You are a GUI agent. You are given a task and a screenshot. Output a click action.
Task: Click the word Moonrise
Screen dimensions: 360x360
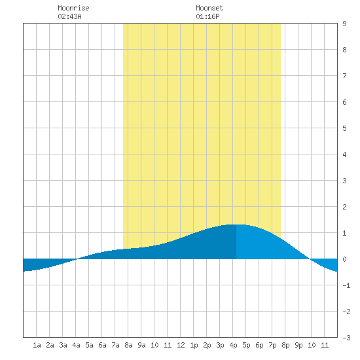73,8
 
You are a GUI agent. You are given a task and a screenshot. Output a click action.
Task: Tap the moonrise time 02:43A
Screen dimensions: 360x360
69,16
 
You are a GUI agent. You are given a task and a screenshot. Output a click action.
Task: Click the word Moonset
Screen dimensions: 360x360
209,8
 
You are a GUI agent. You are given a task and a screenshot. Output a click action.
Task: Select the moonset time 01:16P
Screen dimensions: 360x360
207,16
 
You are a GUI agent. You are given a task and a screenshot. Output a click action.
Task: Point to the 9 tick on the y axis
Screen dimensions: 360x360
344,24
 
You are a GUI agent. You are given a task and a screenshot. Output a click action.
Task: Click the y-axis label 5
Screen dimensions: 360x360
344,128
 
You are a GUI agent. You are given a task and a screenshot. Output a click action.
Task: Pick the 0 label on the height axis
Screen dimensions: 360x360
344,259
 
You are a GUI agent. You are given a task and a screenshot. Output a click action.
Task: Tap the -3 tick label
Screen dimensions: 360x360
346,338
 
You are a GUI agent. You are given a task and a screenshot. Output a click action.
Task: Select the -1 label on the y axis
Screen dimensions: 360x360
346,285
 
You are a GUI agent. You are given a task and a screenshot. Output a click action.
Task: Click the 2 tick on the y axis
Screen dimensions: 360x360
344,207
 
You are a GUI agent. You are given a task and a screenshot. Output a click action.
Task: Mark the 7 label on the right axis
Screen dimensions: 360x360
344,76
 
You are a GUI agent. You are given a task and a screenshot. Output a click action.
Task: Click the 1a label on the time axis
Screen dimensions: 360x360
37,345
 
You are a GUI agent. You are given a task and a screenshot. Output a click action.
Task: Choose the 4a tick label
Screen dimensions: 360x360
76,345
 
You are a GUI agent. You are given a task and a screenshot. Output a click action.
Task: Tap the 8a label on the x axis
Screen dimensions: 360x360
128,345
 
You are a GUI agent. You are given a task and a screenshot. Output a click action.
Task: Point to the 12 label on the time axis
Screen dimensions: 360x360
181,345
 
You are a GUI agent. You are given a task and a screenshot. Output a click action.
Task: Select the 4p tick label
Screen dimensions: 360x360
233,345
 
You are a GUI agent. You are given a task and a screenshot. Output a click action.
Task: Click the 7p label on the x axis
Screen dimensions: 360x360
272,345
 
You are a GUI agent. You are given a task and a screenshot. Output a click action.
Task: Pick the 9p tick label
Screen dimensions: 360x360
298,345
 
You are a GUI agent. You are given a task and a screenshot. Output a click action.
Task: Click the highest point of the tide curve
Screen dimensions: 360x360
236,225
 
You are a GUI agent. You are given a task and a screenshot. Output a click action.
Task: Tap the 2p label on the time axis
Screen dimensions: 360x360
207,345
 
